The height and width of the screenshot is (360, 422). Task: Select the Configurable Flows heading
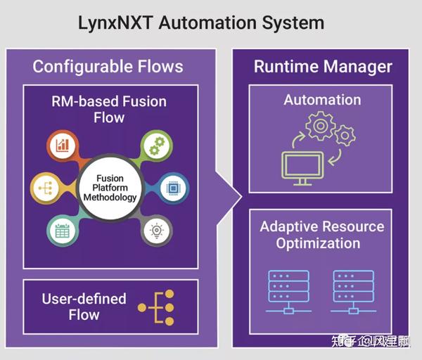[x=108, y=67]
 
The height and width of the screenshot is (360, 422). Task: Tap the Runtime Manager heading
[x=323, y=67]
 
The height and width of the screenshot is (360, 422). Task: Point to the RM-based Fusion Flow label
[x=109, y=109]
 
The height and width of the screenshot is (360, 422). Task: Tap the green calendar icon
[x=62, y=230]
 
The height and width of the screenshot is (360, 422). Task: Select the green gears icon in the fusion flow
[x=155, y=146]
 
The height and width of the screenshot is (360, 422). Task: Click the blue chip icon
[x=173, y=188]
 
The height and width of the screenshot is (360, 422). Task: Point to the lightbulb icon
[x=155, y=231]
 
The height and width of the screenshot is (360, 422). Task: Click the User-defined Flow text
[x=84, y=307]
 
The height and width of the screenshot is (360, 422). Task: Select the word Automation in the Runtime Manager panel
[x=322, y=100]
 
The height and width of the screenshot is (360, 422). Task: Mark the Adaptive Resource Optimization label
[x=322, y=236]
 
